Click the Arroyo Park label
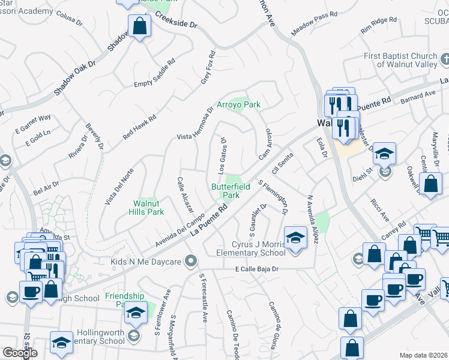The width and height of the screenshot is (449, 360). (238, 104)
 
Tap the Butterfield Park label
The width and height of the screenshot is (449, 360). (226, 191)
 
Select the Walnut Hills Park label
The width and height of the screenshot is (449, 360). (148, 208)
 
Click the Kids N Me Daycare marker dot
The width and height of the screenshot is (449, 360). (191, 260)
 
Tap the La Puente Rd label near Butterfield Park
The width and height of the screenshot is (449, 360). (209, 220)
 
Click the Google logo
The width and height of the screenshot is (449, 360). (20, 353)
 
